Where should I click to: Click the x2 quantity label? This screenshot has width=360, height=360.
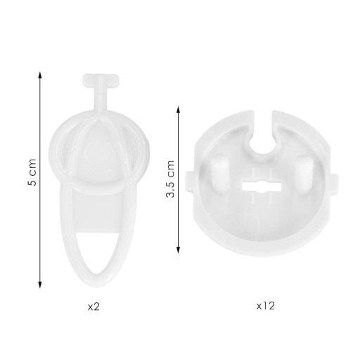point(94,307)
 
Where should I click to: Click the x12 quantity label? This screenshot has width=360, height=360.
point(265,306)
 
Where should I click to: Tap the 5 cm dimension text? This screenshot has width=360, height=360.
point(32,172)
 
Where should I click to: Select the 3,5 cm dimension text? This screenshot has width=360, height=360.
point(170,179)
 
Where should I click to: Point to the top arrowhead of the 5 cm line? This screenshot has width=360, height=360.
point(40,75)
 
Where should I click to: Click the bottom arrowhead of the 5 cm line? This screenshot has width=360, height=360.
point(40,285)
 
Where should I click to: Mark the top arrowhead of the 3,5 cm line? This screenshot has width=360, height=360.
point(178,110)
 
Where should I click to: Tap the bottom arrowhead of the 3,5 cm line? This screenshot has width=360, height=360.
point(178,250)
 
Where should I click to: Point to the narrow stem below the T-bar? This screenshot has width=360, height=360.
point(101,98)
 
